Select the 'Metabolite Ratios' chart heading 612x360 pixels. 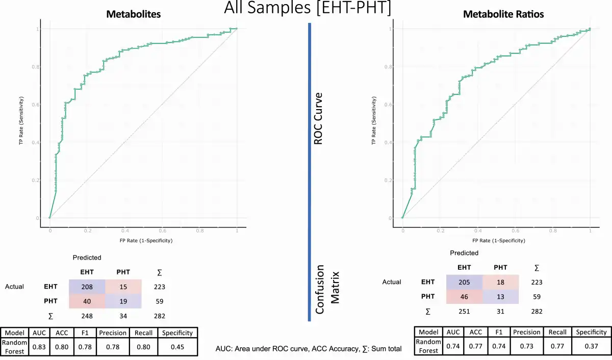[x=503, y=14]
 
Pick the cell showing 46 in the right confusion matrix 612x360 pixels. [x=464, y=296]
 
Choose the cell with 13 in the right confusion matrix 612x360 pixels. [x=501, y=296]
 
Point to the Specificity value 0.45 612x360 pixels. [x=177, y=347]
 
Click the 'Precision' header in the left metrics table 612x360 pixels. [x=113, y=333]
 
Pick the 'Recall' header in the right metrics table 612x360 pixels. [x=558, y=332]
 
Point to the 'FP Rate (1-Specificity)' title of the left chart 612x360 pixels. [x=143, y=240]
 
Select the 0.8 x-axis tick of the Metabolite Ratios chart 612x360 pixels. [x=552, y=230]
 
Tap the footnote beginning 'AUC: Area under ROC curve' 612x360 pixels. [x=309, y=349]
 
